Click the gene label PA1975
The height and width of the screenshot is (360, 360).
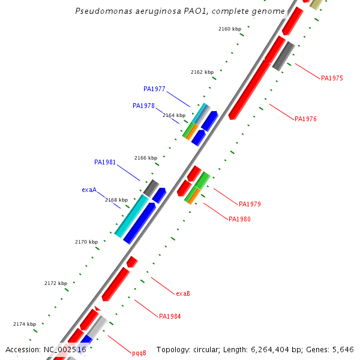tap(332, 78)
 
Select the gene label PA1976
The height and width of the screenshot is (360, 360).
tap(305, 119)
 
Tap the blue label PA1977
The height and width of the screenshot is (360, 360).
tap(154, 89)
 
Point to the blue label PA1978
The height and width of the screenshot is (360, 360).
tap(143, 106)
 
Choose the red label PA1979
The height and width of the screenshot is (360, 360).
tap(250, 204)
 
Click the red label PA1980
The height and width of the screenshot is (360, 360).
tap(239, 219)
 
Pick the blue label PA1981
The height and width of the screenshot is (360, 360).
tap(105, 162)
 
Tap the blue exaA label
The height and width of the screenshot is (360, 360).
tap(89, 190)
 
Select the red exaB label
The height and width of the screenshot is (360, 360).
tap(183, 293)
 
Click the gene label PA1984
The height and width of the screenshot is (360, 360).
tap(170, 316)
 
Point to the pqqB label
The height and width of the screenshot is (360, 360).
tap(139, 353)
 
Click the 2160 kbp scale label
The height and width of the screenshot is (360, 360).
tap(229, 29)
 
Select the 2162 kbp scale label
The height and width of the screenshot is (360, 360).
tap(202, 72)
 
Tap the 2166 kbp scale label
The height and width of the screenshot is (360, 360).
tap(145, 158)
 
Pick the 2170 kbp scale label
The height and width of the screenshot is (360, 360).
tap(86, 242)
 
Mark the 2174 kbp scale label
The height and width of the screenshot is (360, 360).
tap(25, 324)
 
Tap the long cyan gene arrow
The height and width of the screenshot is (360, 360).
tap(131, 215)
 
